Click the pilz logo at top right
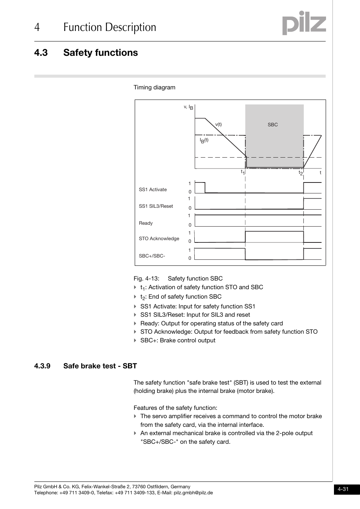pyautogui.click(x=304, y=23)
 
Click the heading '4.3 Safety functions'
pyautogui.click(x=86, y=53)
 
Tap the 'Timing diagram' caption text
pyautogui.click(x=154, y=87)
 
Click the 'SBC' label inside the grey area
pyautogui.click(x=272, y=125)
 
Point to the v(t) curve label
pyautogui.click(x=218, y=125)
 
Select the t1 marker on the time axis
pyautogui.click(x=243, y=172)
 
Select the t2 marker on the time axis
pyautogui.click(x=301, y=173)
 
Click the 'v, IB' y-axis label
pyautogui.click(x=188, y=107)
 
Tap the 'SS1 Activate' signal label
pyautogui.click(x=152, y=190)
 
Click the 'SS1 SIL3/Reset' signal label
pyautogui.click(x=156, y=206)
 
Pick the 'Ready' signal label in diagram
pyautogui.click(x=146, y=223)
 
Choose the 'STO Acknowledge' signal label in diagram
pyautogui.click(x=159, y=239)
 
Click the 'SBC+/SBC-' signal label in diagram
pyautogui.click(x=152, y=256)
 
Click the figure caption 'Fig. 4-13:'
pyautogui.click(x=146, y=279)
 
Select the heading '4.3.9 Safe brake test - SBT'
pyautogui.click(x=85, y=366)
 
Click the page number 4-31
pyautogui.click(x=343, y=489)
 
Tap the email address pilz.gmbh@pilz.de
pyautogui.click(x=193, y=493)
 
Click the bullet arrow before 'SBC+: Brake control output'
pyautogui.click(x=135, y=340)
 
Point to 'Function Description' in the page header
pyautogui.click(x=109, y=28)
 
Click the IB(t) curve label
pyautogui.click(x=204, y=140)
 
